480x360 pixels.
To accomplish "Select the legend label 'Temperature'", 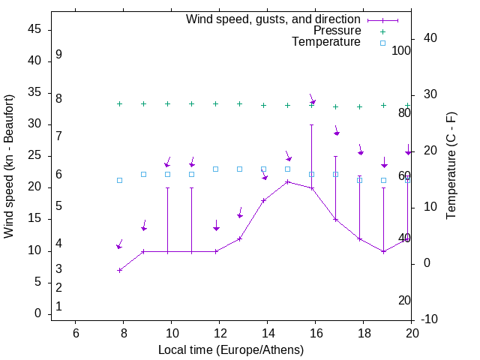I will pos(326,42).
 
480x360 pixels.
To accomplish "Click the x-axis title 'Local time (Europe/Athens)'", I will pos(231,349).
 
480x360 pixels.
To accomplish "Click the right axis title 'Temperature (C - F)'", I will pos(451,166).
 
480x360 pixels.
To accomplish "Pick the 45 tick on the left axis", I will pos(34,30).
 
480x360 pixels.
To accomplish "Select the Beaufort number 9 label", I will pos(58,55).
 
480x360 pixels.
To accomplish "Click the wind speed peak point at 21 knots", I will pos(287,181).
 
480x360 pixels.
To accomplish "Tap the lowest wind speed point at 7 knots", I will pos(119,270).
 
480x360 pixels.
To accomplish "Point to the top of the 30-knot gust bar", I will pos(311,125).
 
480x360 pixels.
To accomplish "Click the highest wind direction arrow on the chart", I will pos(312,100).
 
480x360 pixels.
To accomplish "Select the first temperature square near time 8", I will pos(119,180).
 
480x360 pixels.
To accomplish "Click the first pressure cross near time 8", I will pos(119,103).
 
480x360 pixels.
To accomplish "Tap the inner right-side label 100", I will pos(401,51).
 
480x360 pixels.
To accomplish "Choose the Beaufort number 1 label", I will pos(58,306).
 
